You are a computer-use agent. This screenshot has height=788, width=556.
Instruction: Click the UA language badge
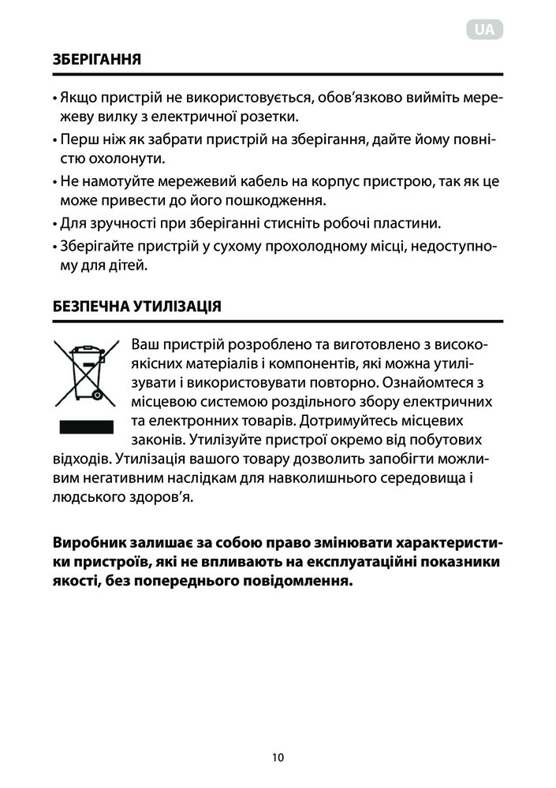pyautogui.click(x=486, y=30)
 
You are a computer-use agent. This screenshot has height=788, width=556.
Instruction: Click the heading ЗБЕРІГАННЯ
pyautogui.click(x=96, y=59)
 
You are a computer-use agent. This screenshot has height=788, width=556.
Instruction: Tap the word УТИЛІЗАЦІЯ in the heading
pyautogui.click(x=178, y=307)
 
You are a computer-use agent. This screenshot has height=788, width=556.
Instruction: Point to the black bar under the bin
pyautogui.click(x=80, y=427)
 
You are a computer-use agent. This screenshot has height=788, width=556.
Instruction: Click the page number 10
pyautogui.click(x=277, y=757)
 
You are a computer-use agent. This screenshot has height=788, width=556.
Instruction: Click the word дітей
pyautogui.click(x=129, y=266)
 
